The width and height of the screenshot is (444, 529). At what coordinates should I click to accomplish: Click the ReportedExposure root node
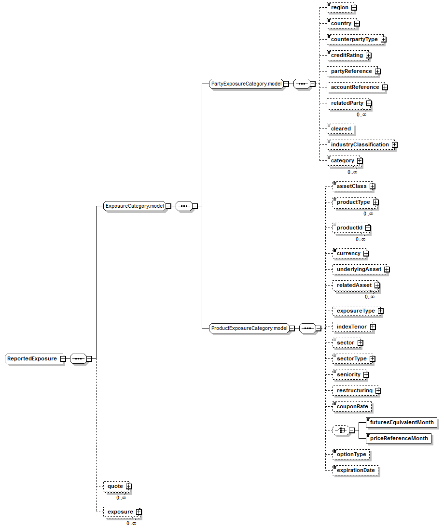tap(32, 359)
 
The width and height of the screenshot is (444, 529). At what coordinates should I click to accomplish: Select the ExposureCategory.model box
tap(135, 206)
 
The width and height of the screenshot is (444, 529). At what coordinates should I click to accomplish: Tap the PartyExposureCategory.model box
tap(246, 84)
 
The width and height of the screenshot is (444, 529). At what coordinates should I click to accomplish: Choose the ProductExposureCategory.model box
tap(250, 329)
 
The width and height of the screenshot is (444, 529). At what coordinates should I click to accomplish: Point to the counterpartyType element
tap(354, 39)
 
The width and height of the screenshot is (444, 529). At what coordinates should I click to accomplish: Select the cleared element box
tap(341, 129)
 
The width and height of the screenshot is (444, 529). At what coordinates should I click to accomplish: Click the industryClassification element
tap(360, 144)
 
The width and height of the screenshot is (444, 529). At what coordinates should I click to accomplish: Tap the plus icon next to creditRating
tap(368, 56)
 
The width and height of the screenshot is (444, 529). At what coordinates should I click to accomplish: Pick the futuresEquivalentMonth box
tap(402, 422)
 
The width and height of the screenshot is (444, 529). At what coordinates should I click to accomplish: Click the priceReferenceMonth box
tap(399, 438)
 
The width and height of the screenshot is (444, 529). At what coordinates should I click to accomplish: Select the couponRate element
tap(352, 407)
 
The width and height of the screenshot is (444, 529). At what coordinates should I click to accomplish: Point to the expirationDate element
tap(355, 470)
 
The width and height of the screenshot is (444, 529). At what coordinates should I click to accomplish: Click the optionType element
tap(351, 454)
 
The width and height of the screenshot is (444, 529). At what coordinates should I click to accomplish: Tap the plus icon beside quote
tap(129, 486)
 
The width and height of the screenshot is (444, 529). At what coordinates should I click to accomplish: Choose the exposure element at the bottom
tap(120, 512)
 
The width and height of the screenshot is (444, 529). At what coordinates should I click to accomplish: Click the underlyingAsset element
tap(359, 269)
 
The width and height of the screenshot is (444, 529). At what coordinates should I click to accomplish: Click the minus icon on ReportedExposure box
tap(63, 359)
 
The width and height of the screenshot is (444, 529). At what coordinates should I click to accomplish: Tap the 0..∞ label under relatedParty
tap(361, 114)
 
